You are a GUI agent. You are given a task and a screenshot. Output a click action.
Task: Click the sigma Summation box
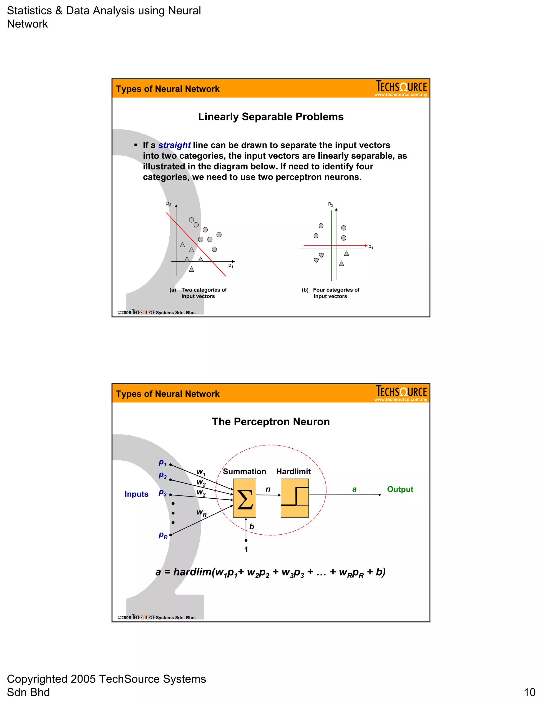click(x=244, y=498)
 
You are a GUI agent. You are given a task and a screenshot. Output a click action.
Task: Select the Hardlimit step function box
click(x=295, y=498)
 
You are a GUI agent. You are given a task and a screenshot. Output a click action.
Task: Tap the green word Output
click(x=400, y=489)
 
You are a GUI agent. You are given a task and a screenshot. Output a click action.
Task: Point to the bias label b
click(x=251, y=527)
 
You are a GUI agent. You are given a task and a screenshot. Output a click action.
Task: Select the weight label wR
click(x=201, y=513)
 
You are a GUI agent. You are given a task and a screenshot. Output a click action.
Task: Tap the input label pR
click(x=163, y=535)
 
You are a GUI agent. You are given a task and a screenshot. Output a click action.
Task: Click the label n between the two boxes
click(x=268, y=489)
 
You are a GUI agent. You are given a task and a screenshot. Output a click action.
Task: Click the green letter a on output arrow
click(x=354, y=489)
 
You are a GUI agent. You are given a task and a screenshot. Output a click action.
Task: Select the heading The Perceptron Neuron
click(x=271, y=421)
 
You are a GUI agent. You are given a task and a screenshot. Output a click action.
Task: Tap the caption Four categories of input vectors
click(x=336, y=293)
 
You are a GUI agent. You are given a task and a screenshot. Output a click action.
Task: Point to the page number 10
click(x=530, y=692)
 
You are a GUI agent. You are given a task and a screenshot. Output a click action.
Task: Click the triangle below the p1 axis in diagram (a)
click(x=191, y=269)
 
